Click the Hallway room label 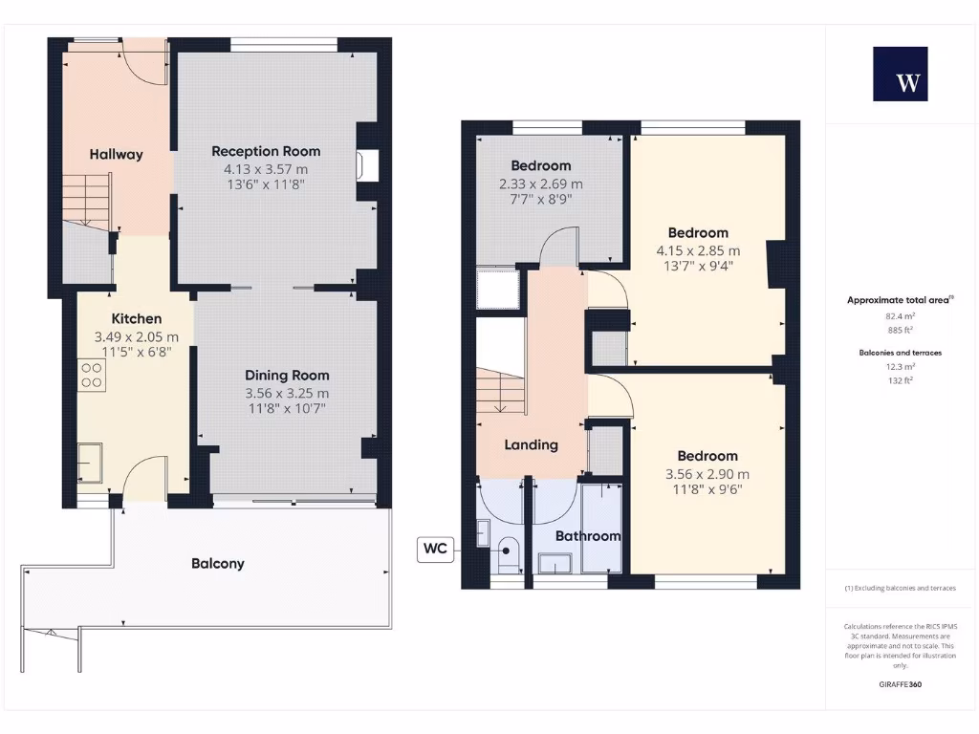(117, 154)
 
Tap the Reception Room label (266, 151)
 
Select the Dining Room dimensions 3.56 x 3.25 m (287, 393)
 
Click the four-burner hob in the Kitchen (92, 375)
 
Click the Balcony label (218, 564)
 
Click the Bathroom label (588, 536)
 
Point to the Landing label (532, 444)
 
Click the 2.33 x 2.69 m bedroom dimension (541, 183)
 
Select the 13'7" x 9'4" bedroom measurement (698, 268)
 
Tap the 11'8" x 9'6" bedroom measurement (707, 490)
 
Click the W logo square (900, 74)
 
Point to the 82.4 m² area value (900, 315)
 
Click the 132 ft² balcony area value (900, 380)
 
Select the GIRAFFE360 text (900, 684)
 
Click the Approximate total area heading (898, 300)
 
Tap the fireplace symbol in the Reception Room (367, 165)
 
